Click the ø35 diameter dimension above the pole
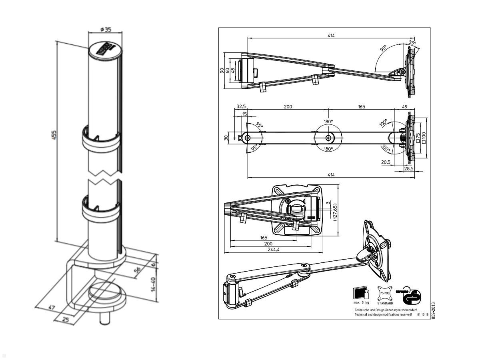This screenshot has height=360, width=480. (x=106, y=30)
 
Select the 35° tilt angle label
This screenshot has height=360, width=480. (x=412, y=42)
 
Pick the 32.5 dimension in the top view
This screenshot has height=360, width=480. (x=241, y=107)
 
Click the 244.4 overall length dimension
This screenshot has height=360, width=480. (x=273, y=250)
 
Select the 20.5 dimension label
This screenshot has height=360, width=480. (x=386, y=162)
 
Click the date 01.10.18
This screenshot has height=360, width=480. (x=423, y=315)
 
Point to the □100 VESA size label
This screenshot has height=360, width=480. (x=424, y=137)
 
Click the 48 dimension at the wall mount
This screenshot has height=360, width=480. (x=233, y=70)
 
